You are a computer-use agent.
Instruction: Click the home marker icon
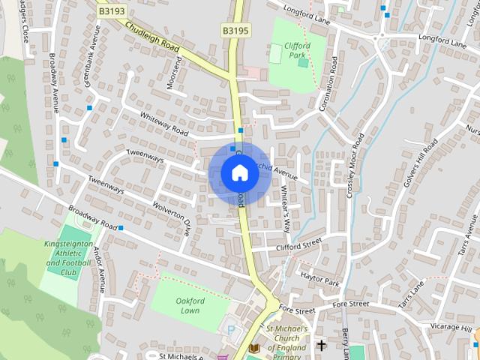(x=240, y=172)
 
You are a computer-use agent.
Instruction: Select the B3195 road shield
(x=235, y=30)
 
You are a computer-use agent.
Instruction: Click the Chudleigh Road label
(x=153, y=36)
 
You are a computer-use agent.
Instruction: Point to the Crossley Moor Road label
(x=355, y=166)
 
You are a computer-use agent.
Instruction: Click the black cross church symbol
(x=322, y=346)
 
